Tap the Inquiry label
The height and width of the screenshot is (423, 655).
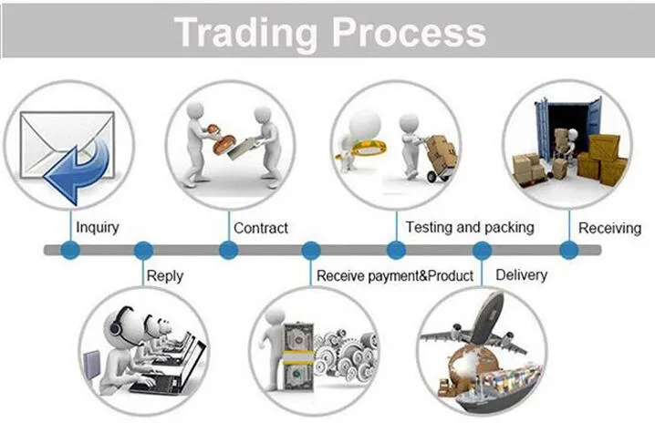[99, 228]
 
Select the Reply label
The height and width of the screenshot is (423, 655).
[165, 275]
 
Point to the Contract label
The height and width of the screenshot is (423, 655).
[261, 228]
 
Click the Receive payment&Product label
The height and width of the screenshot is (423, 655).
[395, 275]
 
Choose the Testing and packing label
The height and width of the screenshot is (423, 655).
[470, 227]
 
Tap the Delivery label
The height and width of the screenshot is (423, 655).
[521, 274]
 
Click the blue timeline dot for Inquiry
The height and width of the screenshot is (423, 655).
[69, 250]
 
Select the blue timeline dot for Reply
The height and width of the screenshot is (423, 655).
[143, 250]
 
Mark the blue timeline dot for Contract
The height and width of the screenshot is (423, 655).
[228, 250]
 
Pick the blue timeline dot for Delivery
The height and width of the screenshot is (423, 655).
[482, 250]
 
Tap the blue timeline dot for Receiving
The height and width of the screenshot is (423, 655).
[568, 250]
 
